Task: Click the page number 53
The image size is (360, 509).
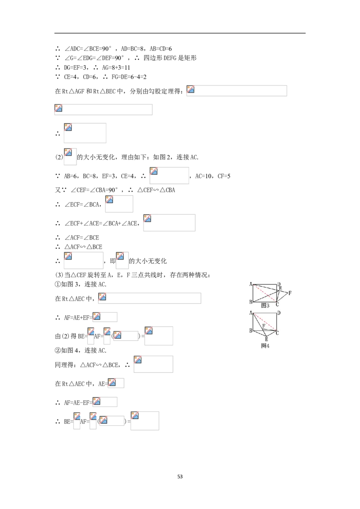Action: click(180, 477)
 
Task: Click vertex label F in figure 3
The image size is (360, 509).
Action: click(290, 293)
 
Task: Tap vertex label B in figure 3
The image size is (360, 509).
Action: click(251, 302)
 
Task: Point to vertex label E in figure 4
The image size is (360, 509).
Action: click(266, 339)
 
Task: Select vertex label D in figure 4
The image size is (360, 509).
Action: click(279, 313)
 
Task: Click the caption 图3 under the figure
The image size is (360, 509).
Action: click(265, 305)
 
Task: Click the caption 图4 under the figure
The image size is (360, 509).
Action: click(265, 346)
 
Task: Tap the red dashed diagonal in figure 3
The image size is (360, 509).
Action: click(265, 294)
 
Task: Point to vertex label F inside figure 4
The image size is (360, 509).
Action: click(264, 326)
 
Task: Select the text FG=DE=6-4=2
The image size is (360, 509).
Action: click(129, 77)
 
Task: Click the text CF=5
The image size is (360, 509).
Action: click(224, 176)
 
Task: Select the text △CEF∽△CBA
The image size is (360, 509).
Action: click(156, 190)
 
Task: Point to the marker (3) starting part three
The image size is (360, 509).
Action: click(59, 275)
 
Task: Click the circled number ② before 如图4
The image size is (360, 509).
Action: click(58, 350)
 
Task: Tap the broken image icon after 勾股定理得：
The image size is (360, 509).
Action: click(191, 89)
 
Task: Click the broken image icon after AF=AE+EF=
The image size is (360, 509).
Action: click(96, 316)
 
